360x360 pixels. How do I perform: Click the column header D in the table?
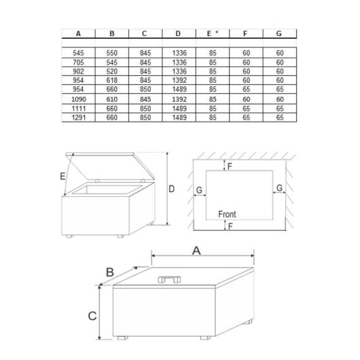(x=178, y=33)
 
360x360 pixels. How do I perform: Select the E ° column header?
(x=213, y=33)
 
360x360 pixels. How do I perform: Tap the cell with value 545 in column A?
(x=78, y=53)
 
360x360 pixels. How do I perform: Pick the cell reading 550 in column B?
(x=112, y=53)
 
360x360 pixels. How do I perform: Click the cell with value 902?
(x=78, y=71)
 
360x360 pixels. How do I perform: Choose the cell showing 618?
(x=112, y=80)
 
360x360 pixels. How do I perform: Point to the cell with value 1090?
(x=79, y=99)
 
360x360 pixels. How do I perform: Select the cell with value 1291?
(x=79, y=118)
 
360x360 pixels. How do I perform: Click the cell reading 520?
(x=112, y=71)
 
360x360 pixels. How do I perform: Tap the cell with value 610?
(x=112, y=99)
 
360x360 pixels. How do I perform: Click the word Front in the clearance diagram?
(x=227, y=214)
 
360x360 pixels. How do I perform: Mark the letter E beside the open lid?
(x=62, y=177)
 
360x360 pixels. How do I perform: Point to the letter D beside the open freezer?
(x=171, y=189)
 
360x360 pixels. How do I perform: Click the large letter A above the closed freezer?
(x=196, y=251)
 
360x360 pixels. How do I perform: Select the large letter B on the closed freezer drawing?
(x=110, y=272)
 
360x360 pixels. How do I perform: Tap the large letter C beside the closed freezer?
(x=92, y=316)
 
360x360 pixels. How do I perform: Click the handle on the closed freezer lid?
(x=169, y=279)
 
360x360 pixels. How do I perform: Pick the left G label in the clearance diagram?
(x=199, y=190)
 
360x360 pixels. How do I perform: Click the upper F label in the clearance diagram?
(x=230, y=166)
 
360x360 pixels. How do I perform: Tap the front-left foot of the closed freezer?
(x=122, y=338)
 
